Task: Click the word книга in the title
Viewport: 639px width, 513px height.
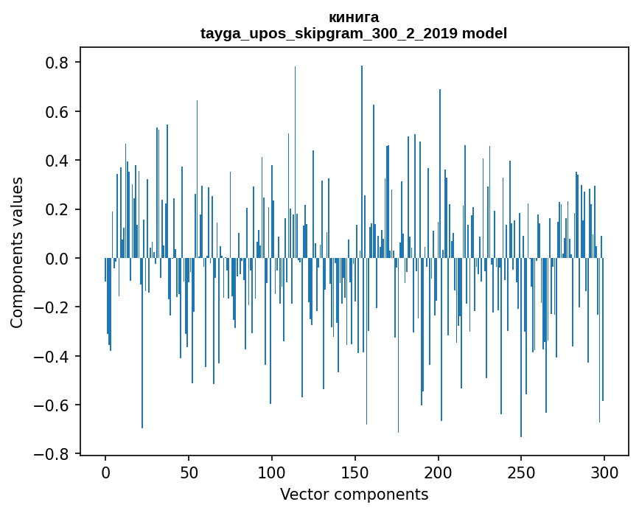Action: pyautogui.click(x=354, y=18)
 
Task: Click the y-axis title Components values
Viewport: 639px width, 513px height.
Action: pyautogui.click(x=17, y=252)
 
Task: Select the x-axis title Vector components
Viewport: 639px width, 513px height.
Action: pyautogui.click(x=354, y=494)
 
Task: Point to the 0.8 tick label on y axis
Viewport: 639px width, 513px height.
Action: pyautogui.click(x=57, y=63)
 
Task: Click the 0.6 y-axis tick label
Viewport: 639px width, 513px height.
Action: pyautogui.click(x=57, y=112)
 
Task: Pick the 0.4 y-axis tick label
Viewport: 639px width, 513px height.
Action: pyautogui.click(x=57, y=161)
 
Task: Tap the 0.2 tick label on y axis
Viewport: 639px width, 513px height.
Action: pyautogui.click(x=57, y=209)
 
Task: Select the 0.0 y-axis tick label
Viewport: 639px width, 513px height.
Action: pyautogui.click(x=57, y=259)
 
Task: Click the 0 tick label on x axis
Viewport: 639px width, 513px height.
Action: pyautogui.click(x=105, y=471)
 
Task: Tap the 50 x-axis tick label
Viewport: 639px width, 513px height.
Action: pyautogui.click(x=189, y=471)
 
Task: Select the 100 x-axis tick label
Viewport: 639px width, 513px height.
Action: pyautogui.click(x=272, y=471)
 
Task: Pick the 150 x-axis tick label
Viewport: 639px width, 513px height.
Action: pyautogui.click(x=355, y=471)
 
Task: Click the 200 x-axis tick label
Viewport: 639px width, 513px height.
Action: pyautogui.click(x=439, y=471)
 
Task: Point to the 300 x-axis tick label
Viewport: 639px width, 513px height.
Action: pyautogui.click(x=604, y=471)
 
